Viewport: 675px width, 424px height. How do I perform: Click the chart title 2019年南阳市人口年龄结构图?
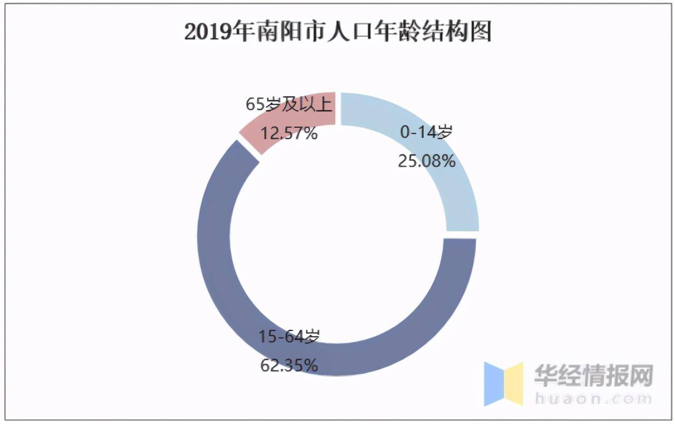pos(337,32)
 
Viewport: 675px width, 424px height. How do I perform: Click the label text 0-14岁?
pos(426,133)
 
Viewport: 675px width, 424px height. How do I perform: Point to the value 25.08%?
pos(426,161)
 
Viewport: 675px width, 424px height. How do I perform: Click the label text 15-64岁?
pos(289,337)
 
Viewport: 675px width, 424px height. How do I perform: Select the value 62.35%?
pos(289,365)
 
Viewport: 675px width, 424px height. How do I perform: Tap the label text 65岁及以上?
pos(289,105)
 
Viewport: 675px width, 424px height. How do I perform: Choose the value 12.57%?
pos(289,133)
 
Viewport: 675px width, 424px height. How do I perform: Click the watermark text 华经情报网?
pos(594,375)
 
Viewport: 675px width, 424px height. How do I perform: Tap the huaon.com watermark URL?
pos(594,399)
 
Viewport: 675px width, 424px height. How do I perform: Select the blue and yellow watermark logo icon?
pos(503,384)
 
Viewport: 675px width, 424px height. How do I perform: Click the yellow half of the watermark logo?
pos(514,384)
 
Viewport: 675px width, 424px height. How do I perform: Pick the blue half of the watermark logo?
pos(493,384)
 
